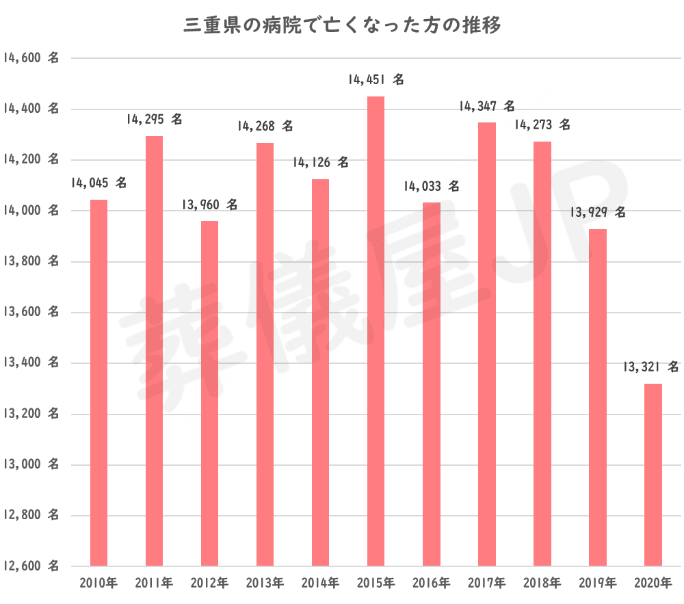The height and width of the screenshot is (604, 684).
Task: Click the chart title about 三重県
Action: (x=342, y=27)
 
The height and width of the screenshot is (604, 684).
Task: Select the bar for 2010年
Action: (x=99, y=383)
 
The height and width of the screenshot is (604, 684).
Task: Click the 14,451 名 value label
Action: (x=376, y=80)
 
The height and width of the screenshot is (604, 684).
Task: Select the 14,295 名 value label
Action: (x=155, y=120)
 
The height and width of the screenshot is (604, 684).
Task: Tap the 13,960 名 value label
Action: (x=210, y=205)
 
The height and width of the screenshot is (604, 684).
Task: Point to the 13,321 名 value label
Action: (x=651, y=367)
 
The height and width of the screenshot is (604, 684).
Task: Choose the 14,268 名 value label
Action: (x=265, y=127)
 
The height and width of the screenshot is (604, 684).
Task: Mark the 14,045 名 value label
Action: (x=99, y=183)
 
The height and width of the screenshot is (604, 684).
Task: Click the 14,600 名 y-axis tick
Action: (x=30, y=58)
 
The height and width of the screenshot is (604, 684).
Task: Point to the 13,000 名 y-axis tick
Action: (x=30, y=465)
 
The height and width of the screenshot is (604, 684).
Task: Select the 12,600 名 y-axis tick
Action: (x=30, y=566)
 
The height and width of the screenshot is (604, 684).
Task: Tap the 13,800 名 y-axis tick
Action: (x=30, y=262)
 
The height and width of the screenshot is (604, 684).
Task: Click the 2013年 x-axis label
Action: (x=265, y=583)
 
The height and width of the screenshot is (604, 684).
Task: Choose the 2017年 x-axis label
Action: (x=486, y=583)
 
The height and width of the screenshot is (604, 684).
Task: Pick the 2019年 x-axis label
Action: (x=597, y=583)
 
